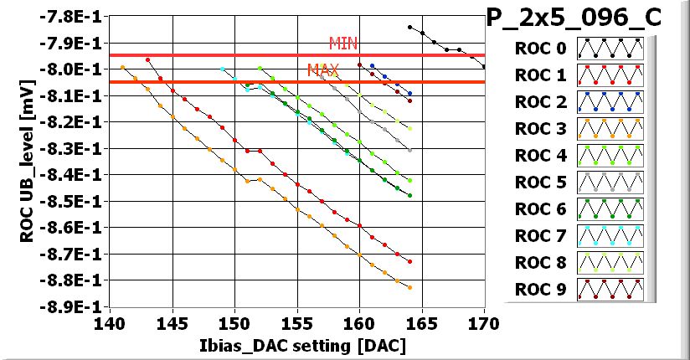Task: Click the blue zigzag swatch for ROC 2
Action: tap(610, 102)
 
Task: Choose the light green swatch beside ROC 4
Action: tap(610, 155)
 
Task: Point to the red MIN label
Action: tap(343, 43)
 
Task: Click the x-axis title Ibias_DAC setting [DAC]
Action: tap(296, 344)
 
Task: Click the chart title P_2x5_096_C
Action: tap(586, 16)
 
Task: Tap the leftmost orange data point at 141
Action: tap(122, 67)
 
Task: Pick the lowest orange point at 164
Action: tap(409, 287)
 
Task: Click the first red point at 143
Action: tap(147, 59)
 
